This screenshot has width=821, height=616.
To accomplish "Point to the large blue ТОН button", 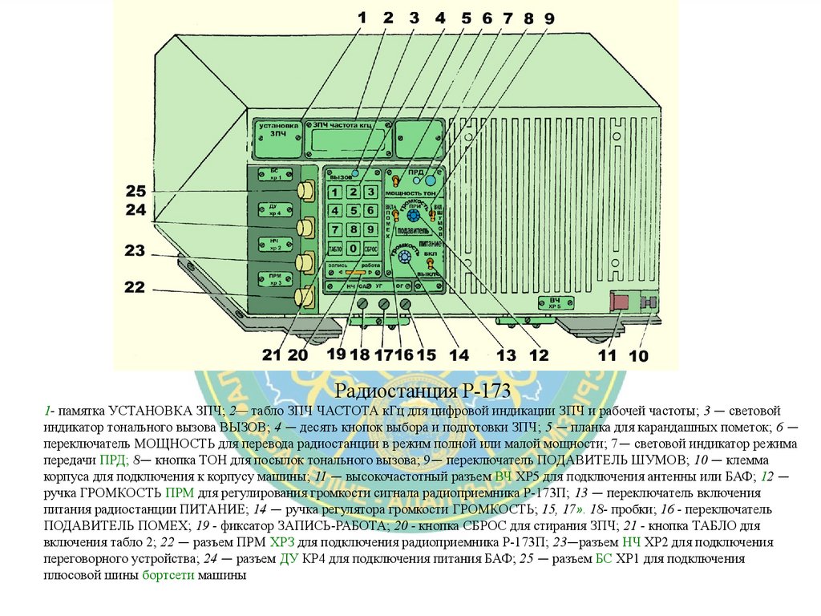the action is tap(431, 180).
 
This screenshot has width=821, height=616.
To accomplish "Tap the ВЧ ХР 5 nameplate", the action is tap(555, 302).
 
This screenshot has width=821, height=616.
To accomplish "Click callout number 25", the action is tap(135, 192).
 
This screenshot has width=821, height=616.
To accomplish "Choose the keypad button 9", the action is tap(370, 229).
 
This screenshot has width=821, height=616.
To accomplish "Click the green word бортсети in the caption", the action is tap(168, 575).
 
